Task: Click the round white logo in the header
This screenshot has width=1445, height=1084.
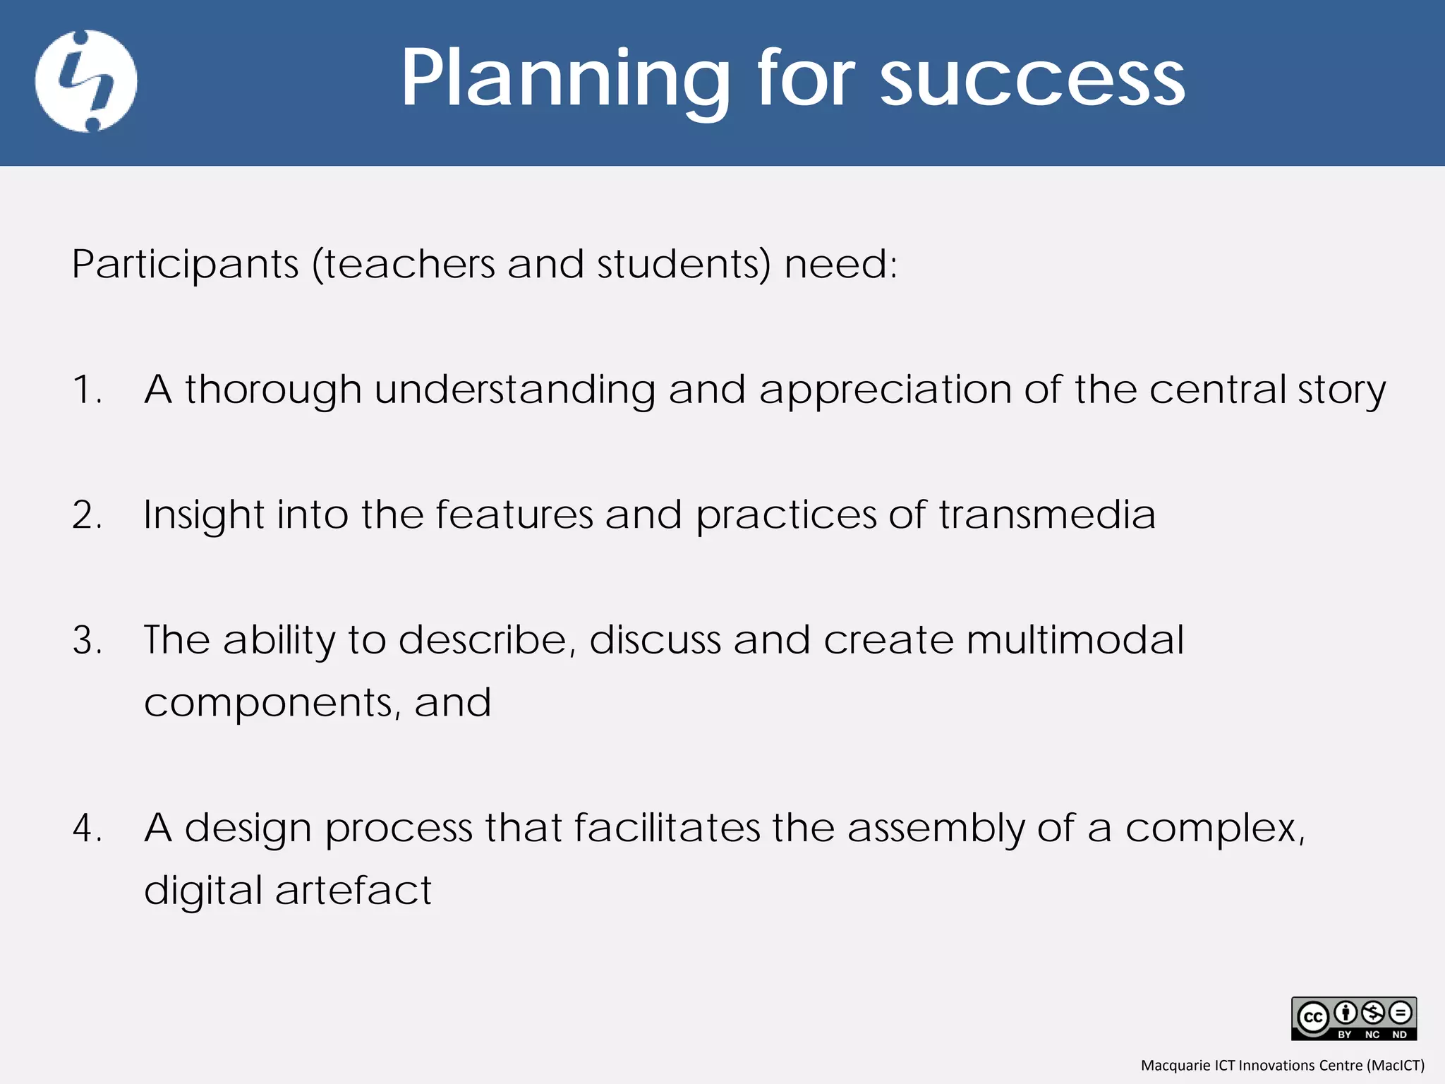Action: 86,81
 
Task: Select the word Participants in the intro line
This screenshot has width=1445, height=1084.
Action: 186,265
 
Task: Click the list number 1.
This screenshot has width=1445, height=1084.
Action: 87,390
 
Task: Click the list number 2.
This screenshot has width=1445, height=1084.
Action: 87,514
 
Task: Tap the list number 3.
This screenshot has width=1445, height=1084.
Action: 87,640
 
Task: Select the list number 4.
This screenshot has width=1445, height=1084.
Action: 87,828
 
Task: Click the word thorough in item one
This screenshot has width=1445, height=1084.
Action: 273,390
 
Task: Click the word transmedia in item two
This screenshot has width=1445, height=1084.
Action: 1047,514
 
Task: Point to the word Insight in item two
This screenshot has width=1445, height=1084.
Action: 203,516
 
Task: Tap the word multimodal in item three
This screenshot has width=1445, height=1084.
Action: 1075,640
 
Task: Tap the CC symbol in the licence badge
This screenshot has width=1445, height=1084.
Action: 1313,1018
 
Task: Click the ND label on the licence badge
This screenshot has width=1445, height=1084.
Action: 1399,1035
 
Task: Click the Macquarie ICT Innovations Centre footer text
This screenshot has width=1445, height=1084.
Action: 1282,1065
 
